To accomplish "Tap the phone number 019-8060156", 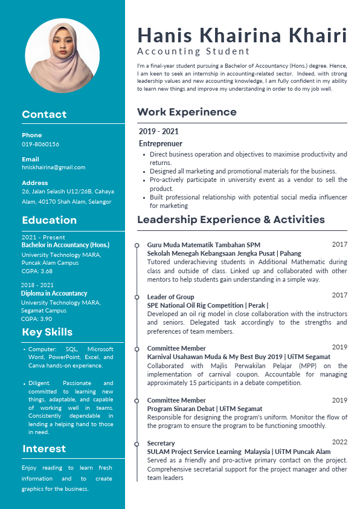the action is click(40, 144).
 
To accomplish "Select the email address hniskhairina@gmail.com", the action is click(53, 167).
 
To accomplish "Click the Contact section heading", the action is click(44, 114).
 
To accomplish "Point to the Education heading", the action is click(49, 220).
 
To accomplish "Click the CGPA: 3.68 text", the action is click(37, 271).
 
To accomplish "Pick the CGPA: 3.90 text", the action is click(37, 319).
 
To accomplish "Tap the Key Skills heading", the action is click(47, 332).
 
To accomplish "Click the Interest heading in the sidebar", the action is click(44, 449).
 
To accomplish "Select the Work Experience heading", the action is click(187, 112).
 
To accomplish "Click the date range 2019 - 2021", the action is click(158, 131).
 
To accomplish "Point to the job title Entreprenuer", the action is click(160, 144).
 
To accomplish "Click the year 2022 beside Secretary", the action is click(339, 442).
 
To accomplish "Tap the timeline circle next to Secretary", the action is click(138, 443).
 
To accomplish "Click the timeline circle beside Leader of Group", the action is click(138, 297).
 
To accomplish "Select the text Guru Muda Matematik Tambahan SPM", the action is click(204, 245).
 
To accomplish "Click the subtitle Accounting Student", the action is click(193, 51).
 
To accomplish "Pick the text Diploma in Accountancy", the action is click(54, 293).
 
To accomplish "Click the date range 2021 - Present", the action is click(43, 238).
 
